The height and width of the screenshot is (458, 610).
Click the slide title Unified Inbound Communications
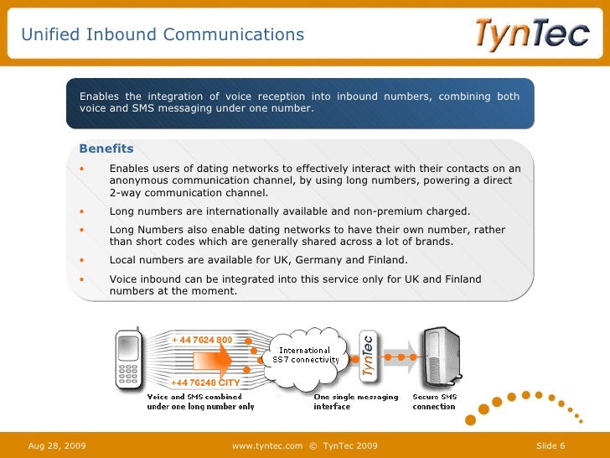(163, 34)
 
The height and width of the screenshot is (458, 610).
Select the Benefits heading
(106, 148)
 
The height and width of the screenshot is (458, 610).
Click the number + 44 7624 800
(202, 340)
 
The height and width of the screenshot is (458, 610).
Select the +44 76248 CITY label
(206, 383)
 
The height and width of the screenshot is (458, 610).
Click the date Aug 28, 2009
(57, 445)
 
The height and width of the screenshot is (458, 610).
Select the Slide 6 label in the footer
(551, 445)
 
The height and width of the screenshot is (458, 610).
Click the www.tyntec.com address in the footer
(266, 445)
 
